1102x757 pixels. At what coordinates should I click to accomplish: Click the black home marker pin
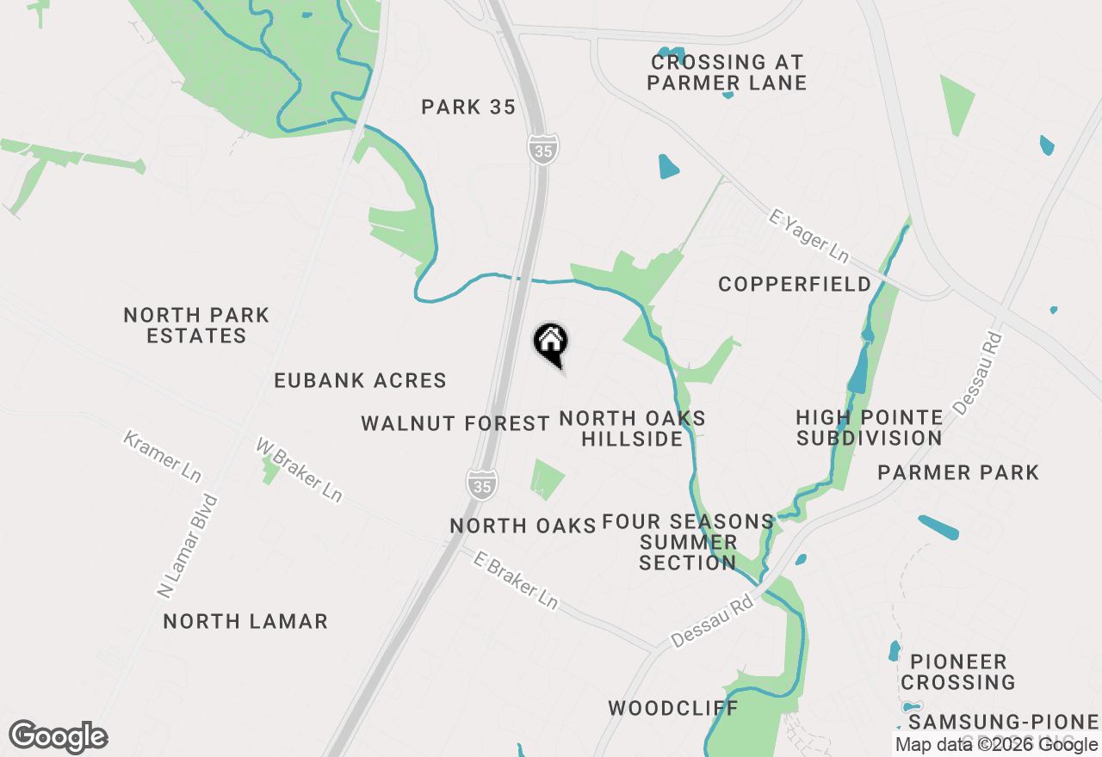point(551,343)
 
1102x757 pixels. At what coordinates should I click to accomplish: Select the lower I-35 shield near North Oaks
point(482,483)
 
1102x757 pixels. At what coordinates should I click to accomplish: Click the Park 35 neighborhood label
point(468,108)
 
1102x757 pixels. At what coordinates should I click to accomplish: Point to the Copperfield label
point(795,285)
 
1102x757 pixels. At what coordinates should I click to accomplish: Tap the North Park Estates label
point(196,326)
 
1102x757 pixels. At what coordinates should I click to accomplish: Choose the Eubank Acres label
point(360,380)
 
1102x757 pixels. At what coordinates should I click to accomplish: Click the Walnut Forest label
point(455,423)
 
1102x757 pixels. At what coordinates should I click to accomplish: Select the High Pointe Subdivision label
point(869,428)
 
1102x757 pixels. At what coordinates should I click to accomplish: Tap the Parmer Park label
point(958,472)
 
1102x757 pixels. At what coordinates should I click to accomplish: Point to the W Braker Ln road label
point(299,469)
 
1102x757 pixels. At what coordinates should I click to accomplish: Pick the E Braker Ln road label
point(516,581)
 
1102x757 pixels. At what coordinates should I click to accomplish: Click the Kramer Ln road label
point(162,456)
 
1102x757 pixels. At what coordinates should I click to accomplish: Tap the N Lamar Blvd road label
point(188,546)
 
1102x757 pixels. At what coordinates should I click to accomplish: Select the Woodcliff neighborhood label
point(673,709)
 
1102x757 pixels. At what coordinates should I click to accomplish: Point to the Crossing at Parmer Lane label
point(727,72)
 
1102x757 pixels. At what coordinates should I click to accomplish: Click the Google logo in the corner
point(59,736)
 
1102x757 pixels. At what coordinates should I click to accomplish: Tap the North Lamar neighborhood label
point(245,621)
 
